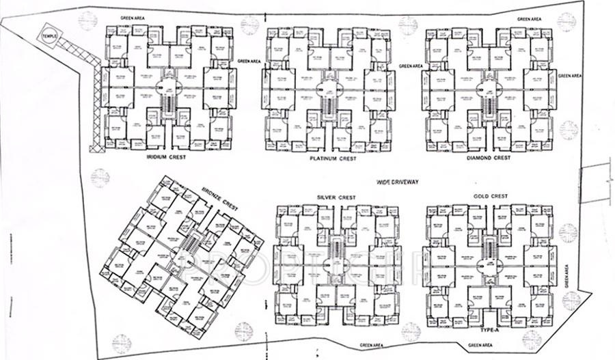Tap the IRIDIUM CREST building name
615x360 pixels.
pyautogui.click(x=167, y=156)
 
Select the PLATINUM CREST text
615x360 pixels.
pyautogui.click(x=333, y=158)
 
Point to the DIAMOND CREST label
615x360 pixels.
pyautogui.click(x=490, y=158)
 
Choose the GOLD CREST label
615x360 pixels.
pyautogui.click(x=490, y=197)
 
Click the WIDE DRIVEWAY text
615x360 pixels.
pyautogui.click(x=397, y=182)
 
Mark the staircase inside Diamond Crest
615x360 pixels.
pyautogui.click(x=488, y=107)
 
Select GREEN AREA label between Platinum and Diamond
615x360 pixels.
pyautogui.click(x=411, y=66)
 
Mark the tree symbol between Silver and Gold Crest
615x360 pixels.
pyautogui.click(x=410, y=331)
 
